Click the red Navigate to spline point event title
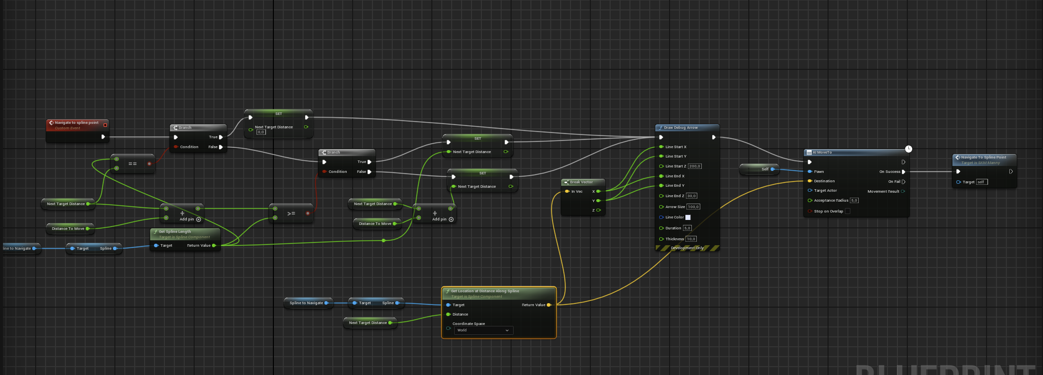point(76,122)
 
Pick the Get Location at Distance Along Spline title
point(485,291)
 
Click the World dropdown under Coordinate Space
point(483,330)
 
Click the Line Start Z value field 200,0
point(694,166)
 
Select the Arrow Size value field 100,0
point(693,207)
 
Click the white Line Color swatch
point(688,217)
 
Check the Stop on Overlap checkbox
point(847,211)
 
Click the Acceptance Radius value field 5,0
point(854,201)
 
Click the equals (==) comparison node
point(132,163)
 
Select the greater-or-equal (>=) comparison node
point(291,214)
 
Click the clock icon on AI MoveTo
point(908,149)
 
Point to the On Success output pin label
point(889,172)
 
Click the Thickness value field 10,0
point(691,239)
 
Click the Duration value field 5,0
point(687,228)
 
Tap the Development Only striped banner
point(687,248)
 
